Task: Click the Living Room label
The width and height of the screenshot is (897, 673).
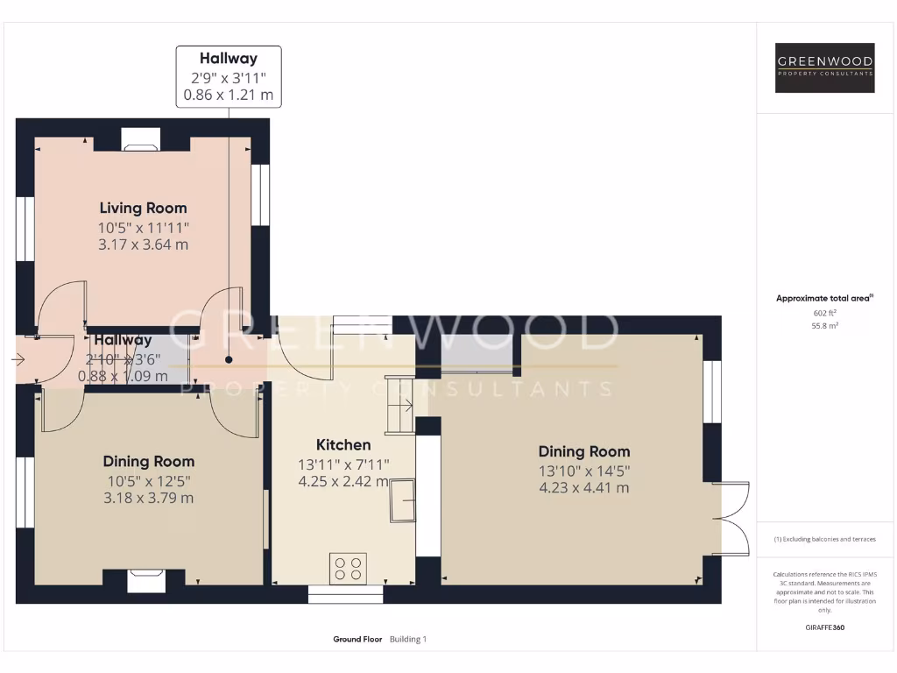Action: [x=143, y=208]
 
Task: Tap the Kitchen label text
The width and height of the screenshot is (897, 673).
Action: [x=343, y=444]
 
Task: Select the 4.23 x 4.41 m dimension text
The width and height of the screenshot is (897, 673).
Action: [x=584, y=488]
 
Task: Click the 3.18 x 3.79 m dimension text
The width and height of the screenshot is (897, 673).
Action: [x=149, y=498]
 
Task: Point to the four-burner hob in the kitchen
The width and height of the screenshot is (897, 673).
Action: [x=348, y=568]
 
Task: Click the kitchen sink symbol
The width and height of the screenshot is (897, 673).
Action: [x=404, y=500]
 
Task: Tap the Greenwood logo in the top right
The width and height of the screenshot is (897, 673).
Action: [x=825, y=67]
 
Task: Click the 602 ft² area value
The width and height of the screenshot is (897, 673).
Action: [x=825, y=313]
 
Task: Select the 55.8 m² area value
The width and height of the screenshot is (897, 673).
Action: [x=825, y=325]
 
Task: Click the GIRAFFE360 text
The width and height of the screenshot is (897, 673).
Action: [x=825, y=627]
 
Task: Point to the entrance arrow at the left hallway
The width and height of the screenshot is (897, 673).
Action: [x=18, y=358]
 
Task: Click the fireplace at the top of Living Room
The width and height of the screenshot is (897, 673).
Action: [x=140, y=140]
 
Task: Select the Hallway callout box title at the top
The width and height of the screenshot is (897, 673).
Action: [x=229, y=59]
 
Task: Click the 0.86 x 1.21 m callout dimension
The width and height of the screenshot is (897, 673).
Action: [x=229, y=94]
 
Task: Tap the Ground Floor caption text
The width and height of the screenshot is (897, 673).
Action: [x=357, y=640]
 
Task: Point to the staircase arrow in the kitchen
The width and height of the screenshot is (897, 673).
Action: [x=405, y=405]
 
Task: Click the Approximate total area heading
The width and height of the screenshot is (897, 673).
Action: [x=823, y=299]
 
